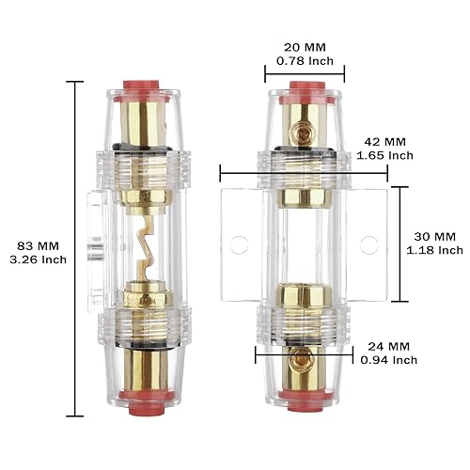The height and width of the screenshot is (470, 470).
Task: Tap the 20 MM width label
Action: tap(305, 45)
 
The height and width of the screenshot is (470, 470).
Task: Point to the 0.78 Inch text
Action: tap(305, 59)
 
